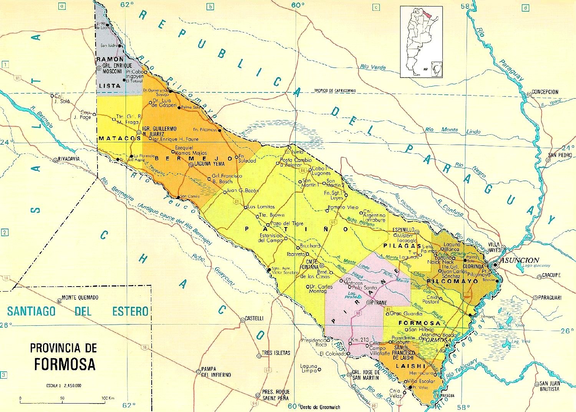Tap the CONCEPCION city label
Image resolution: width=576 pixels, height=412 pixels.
[545, 92]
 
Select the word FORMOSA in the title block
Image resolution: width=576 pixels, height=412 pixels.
[65, 363]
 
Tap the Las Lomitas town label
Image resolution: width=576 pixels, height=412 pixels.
[262, 207]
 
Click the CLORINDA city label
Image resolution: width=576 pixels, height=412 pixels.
[473, 266]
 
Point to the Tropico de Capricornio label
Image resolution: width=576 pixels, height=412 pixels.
[335, 91]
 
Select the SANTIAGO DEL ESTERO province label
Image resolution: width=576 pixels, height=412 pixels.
[77, 311]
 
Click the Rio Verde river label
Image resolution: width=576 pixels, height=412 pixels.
[373, 67]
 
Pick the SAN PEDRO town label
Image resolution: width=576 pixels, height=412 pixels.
[560, 155]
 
